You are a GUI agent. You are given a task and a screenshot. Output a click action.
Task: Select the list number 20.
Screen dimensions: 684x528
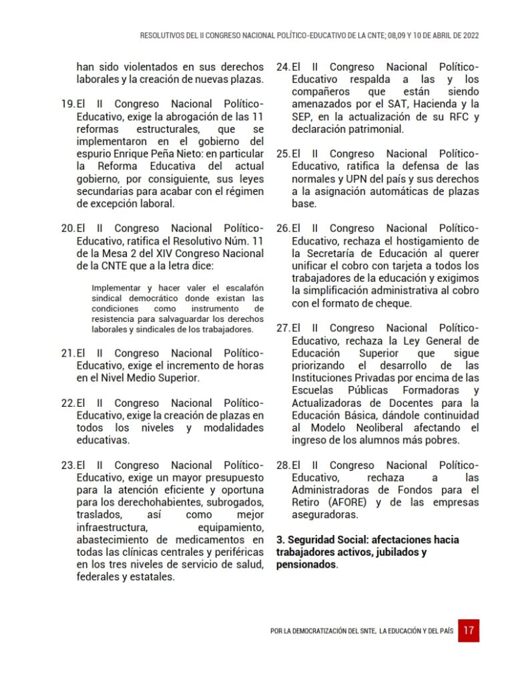point(67,228)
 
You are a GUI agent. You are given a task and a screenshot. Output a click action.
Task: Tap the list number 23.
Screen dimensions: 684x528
point(67,465)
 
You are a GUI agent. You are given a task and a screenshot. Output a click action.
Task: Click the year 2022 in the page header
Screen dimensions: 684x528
point(468,35)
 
